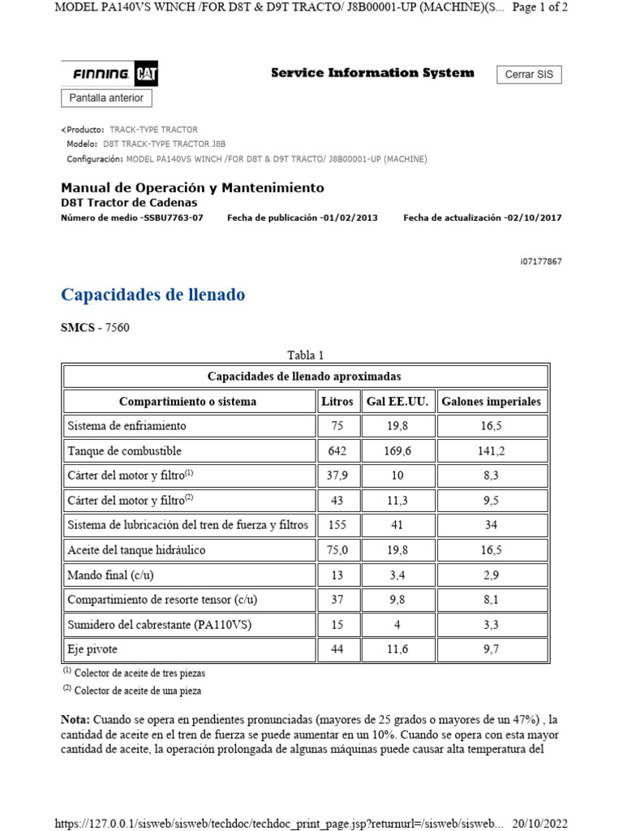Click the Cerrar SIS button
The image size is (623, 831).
point(528,75)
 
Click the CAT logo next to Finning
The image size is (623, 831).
point(146,75)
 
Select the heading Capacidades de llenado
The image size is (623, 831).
point(153,295)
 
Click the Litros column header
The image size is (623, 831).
point(337,401)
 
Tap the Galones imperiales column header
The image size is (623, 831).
point(491,401)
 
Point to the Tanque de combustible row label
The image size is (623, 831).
point(124,450)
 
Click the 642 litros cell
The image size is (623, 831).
point(337,450)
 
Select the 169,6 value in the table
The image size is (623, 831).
point(397,450)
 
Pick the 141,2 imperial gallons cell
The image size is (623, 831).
point(491,450)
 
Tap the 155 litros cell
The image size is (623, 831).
point(337,525)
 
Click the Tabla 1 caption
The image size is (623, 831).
point(306,355)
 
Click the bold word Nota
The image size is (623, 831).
point(75,720)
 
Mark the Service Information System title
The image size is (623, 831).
point(372,73)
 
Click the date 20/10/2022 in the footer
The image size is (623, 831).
point(539,823)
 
